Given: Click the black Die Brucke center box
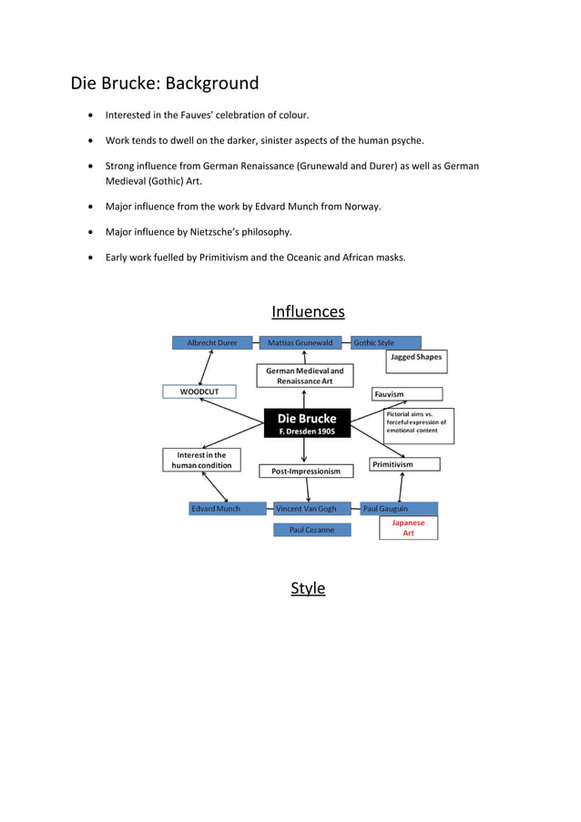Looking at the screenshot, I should pyautogui.click(x=307, y=423).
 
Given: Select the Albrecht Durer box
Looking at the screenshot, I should pyautogui.click(x=212, y=343).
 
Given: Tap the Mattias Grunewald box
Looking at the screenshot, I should pyautogui.click(x=304, y=343).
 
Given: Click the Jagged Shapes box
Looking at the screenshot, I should pyautogui.click(x=415, y=358).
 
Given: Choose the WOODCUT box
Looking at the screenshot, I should pyautogui.click(x=199, y=391).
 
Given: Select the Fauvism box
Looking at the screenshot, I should pyautogui.click(x=407, y=394).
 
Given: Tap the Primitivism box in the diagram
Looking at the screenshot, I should pyautogui.click(x=405, y=464).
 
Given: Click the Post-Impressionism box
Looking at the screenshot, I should pyautogui.click(x=306, y=472).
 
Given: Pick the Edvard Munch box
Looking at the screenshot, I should pyautogui.click(x=216, y=509).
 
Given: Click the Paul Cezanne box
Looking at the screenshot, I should pyautogui.click(x=311, y=530).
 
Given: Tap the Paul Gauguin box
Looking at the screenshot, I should pyautogui.click(x=399, y=509).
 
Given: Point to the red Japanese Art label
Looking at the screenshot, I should pyautogui.click(x=408, y=528).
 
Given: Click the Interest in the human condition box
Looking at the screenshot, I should pyautogui.click(x=202, y=460).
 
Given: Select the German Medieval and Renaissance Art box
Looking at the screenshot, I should pyautogui.click(x=304, y=376).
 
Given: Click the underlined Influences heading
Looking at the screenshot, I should pyautogui.click(x=308, y=312).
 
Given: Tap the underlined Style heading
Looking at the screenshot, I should pyautogui.click(x=308, y=588).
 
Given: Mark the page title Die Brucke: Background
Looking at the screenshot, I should pyautogui.click(x=165, y=84).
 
